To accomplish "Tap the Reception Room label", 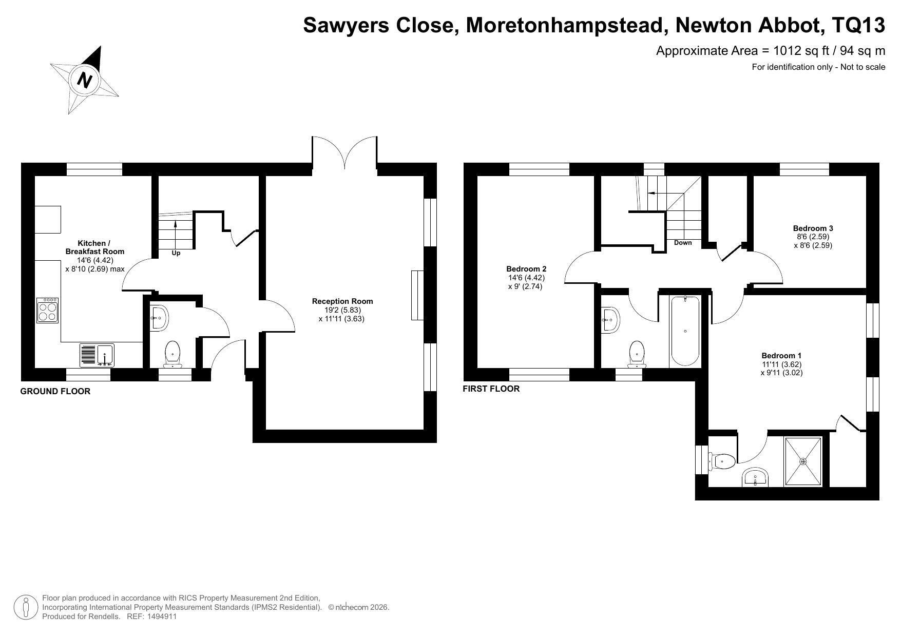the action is [x=342, y=301].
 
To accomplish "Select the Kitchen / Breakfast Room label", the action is [x=94, y=247].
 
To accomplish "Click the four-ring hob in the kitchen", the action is [x=47, y=310].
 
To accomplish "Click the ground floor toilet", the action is [x=172, y=354].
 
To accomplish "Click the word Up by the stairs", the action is [x=176, y=253].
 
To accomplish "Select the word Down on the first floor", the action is [x=683, y=243].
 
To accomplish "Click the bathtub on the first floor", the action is [x=685, y=331].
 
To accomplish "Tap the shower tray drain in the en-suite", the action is [x=803, y=461].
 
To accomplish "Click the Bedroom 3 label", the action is [x=813, y=228].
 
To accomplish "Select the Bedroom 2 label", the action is [x=526, y=269].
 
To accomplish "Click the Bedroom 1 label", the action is [x=781, y=356].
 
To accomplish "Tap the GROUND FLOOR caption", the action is [x=55, y=391].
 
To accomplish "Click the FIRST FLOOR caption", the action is [x=491, y=389].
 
